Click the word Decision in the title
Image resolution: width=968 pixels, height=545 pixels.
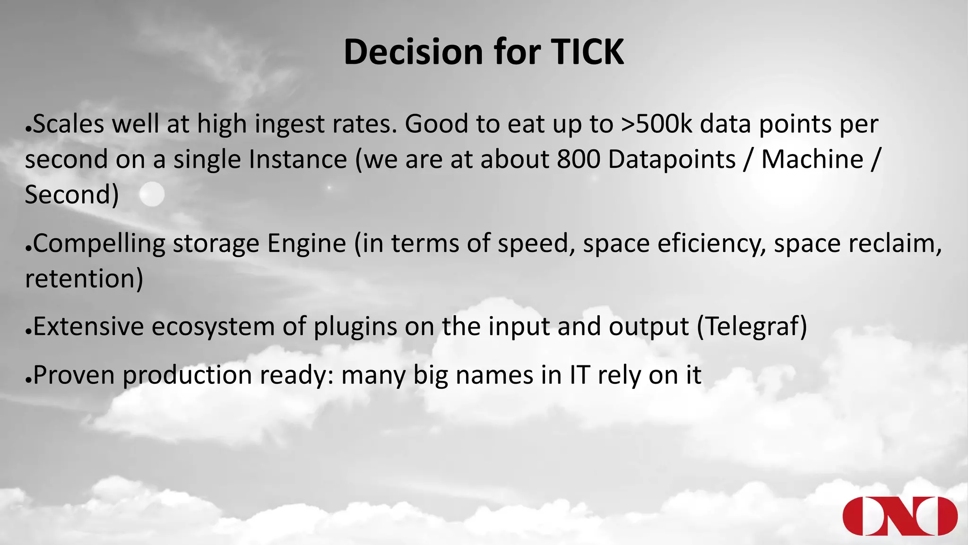pos(412,52)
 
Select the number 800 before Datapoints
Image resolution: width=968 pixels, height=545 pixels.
pos(578,159)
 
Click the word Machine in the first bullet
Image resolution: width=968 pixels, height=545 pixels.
pos(812,159)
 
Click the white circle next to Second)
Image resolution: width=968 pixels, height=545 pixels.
pos(152,194)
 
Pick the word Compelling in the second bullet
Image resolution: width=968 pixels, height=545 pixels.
pos(99,244)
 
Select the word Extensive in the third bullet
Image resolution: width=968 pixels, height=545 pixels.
pos(88,327)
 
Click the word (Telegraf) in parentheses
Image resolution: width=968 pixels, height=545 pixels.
pos(752,327)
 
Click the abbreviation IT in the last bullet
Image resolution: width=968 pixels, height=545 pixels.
pos(580,375)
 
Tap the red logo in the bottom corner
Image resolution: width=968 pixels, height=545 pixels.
pos(899,516)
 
